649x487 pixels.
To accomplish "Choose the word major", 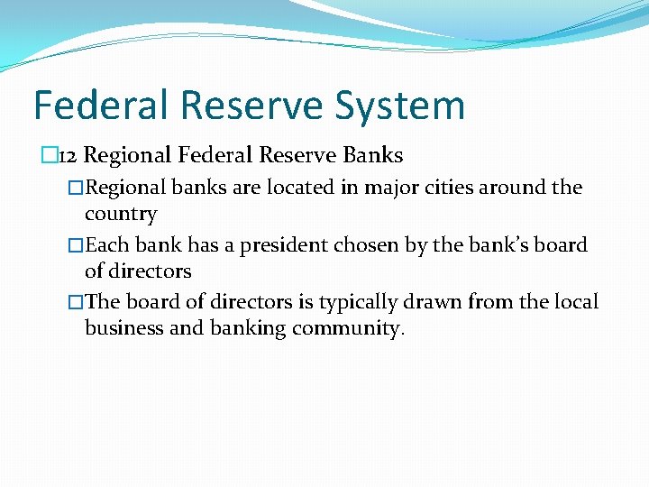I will (366, 188).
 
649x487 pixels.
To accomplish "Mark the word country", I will (121, 215).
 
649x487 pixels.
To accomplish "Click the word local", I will (574, 301).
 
